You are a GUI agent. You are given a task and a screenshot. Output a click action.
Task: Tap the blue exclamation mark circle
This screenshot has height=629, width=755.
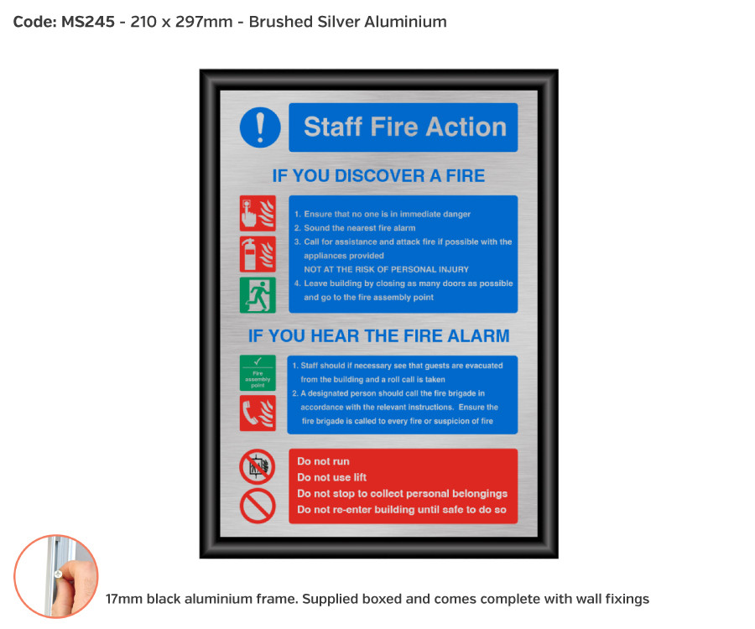(260, 127)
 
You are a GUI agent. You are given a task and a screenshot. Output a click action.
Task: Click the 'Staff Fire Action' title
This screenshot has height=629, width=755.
(404, 127)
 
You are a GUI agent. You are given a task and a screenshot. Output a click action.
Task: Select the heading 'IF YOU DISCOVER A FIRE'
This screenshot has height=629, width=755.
(378, 175)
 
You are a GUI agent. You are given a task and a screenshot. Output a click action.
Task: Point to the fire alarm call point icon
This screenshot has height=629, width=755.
(258, 213)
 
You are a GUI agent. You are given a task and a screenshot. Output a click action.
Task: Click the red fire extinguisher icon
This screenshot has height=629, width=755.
(258, 253)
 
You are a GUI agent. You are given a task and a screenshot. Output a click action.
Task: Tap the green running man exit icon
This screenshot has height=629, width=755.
(258, 294)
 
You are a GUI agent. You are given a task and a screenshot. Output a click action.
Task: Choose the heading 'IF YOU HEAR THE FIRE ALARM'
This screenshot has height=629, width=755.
(378, 335)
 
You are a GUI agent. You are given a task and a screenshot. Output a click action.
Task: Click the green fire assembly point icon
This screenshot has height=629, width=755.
(258, 372)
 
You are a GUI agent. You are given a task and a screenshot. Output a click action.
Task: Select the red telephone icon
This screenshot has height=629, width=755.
(258, 413)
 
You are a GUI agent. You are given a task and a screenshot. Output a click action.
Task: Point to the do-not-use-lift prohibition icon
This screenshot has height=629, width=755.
(258, 466)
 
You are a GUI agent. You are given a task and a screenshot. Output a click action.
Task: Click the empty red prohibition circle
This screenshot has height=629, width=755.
(258, 506)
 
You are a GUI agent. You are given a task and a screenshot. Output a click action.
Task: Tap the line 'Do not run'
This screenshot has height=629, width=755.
(323, 461)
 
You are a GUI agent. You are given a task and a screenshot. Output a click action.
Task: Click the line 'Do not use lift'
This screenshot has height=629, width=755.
(331, 477)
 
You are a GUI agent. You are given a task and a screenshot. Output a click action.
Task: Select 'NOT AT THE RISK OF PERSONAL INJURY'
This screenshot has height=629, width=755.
(386, 269)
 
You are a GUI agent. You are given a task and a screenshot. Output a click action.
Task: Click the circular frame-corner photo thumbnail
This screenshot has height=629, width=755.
(56, 576)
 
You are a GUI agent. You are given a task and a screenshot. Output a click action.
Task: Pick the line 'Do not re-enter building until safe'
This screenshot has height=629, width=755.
(401, 510)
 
